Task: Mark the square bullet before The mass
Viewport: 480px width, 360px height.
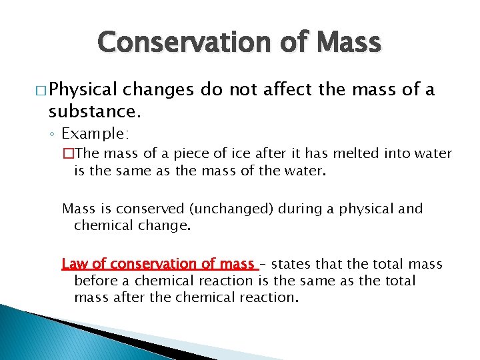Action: (67, 154)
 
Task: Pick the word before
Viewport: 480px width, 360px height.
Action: (97, 281)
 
